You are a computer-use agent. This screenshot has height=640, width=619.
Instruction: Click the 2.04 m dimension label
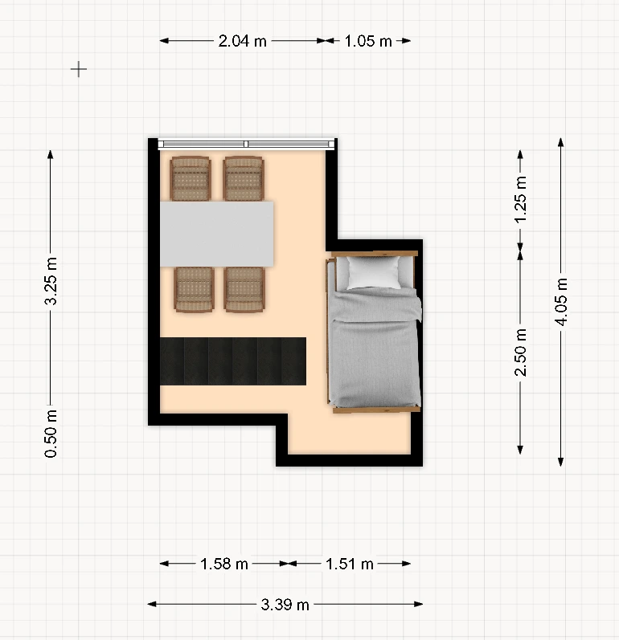[x=242, y=41]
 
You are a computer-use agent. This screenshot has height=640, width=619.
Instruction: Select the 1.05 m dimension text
[x=368, y=41]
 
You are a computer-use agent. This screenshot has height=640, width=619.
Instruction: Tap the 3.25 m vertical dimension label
[x=51, y=281]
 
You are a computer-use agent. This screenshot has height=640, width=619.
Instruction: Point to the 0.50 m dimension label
[x=51, y=434]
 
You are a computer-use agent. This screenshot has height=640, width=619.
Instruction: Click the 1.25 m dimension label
[x=520, y=200]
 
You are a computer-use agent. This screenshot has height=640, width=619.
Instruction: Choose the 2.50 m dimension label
[x=520, y=353]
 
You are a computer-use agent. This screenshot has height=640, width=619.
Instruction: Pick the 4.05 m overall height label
[x=561, y=302]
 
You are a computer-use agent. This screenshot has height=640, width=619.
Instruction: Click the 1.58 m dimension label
[x=224, y=564]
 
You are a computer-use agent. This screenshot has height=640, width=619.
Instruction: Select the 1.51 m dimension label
[x=350, y=564]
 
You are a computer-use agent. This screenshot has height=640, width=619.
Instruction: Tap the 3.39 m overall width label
[x=285, y=605]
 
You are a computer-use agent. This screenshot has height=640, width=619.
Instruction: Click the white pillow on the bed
[x=374, y=272]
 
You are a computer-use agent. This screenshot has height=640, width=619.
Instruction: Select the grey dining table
[x=216, y=234]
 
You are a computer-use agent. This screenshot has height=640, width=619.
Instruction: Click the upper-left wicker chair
[x=191, y=178]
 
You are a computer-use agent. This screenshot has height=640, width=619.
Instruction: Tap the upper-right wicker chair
[x=244, y=178]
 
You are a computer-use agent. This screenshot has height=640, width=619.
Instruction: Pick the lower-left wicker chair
[x=194, y=289]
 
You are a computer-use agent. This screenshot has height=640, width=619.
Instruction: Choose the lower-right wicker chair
[x=244, y=289]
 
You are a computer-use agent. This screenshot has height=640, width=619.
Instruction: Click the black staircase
[x=233, y=361]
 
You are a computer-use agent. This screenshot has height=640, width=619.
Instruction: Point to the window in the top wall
[x=246, y=144]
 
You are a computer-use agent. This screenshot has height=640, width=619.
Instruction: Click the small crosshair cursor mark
[x=79, y=69]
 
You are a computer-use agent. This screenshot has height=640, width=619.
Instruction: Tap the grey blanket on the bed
[x=375, y=347]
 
